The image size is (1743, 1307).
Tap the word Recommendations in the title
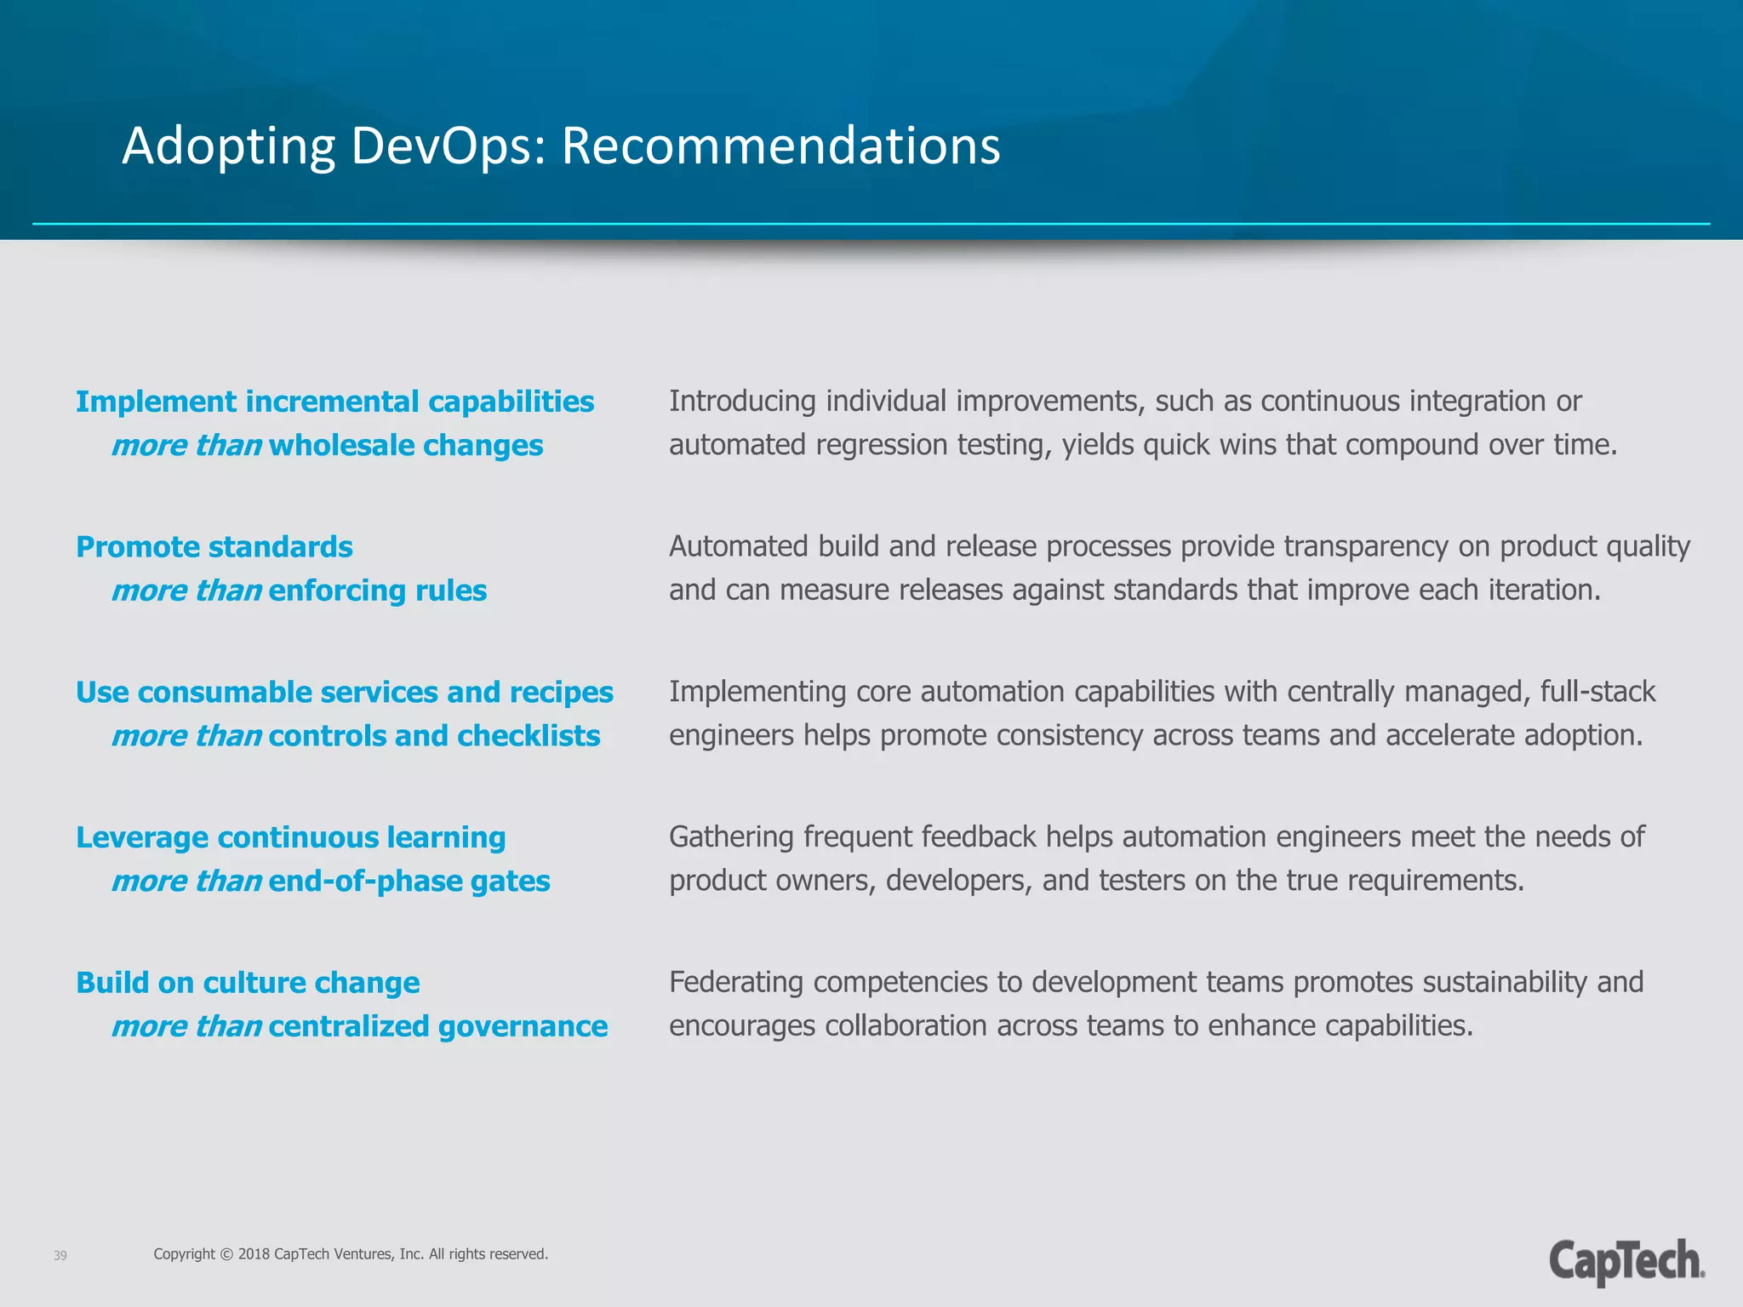780,146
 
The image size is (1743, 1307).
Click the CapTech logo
1626,1262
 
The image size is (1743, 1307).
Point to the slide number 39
60,1256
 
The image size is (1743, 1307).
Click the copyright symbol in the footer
226,1254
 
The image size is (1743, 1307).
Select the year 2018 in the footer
254,1254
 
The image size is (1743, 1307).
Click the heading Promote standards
214,547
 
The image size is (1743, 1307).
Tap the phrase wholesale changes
406,446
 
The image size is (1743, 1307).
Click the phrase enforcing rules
378,591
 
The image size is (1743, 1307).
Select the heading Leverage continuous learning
291,838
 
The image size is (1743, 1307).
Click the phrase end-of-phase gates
409,882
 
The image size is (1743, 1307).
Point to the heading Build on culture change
248,983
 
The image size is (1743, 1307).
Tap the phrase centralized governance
438,1027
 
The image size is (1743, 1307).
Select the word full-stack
1597,692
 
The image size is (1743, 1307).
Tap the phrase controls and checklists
434,736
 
